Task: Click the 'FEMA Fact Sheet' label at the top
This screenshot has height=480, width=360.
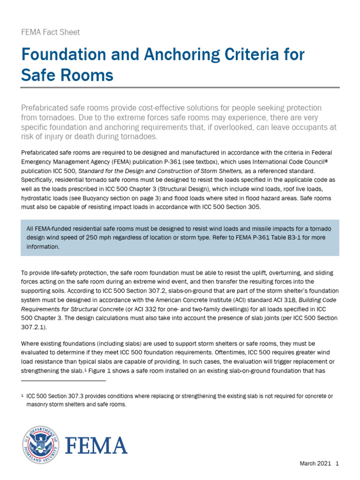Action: coord(51,32)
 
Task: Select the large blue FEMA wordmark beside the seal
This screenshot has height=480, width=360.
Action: coord(96,445)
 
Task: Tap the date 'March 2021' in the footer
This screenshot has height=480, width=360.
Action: coord(315,464)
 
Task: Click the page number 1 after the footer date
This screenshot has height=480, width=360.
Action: coord(337,464)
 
